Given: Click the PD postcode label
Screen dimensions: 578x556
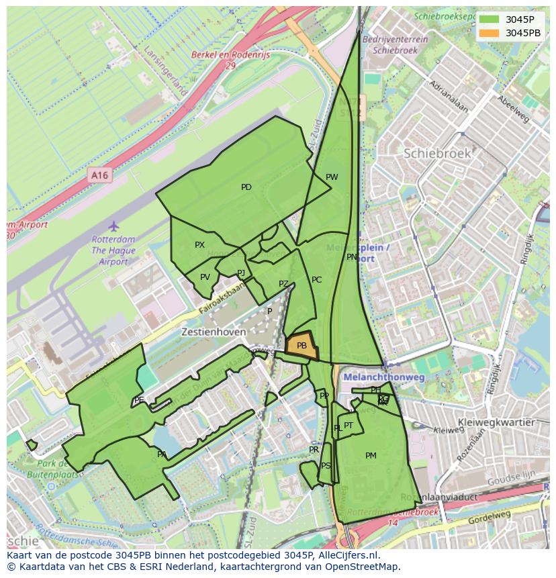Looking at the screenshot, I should pos(246,187).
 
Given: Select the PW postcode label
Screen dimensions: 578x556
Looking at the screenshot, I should pos(332,177).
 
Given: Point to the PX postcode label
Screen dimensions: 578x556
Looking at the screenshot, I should pos(199,245).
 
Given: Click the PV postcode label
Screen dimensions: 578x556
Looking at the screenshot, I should pos(205,277).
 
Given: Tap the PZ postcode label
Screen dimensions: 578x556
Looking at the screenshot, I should pos(283,284).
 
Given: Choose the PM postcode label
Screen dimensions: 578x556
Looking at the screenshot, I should pos(371,456).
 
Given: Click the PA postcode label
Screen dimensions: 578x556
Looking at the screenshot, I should pos(162,454).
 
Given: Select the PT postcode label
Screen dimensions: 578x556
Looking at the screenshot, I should pos(349,426).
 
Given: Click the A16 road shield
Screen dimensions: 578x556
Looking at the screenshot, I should pos(99,175).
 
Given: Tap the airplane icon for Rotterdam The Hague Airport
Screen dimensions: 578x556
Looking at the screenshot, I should pos(113,226).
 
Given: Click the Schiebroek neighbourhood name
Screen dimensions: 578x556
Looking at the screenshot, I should pos(437,154).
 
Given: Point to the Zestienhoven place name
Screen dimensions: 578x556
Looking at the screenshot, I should pos(209,332).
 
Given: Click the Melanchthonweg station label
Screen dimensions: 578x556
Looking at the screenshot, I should pos(384,378).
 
